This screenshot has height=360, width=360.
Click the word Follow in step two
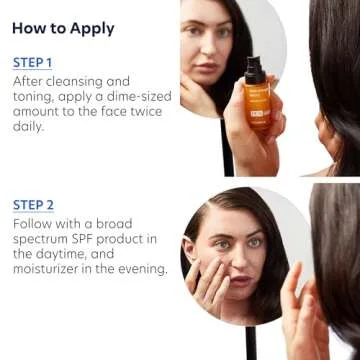tap(35, 225)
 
